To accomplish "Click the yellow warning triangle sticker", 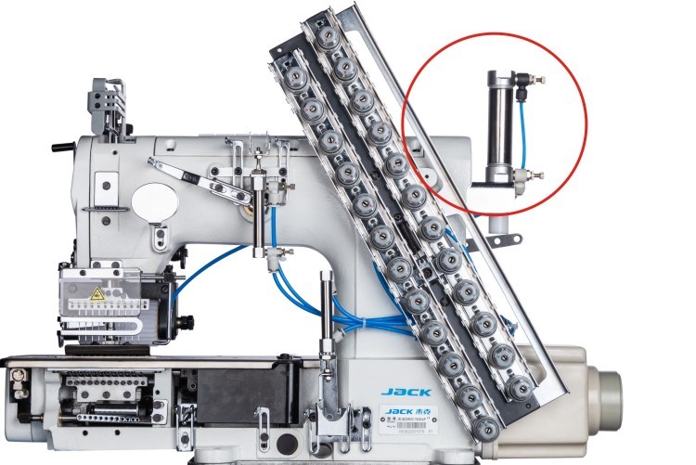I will click(x=97, y=294).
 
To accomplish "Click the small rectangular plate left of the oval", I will click(x=92, y=191).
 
